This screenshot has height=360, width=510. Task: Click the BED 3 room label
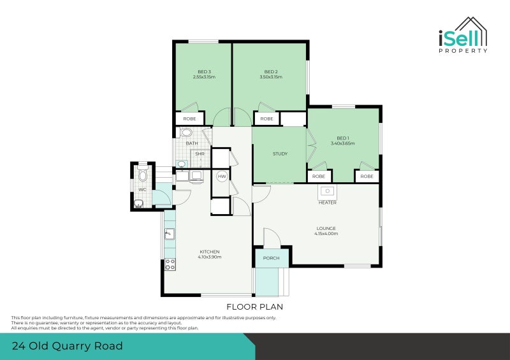coord(204,71)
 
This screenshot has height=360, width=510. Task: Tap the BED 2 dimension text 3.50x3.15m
coord(271,77)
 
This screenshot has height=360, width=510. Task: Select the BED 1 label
coord(343,138)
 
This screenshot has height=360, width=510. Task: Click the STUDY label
coord(280,154)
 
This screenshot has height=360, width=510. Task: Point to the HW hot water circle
coord(222,176)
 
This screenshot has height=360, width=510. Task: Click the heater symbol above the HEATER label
coord(327,191)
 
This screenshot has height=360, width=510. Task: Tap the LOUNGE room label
coord(326,228)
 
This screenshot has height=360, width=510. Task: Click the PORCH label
coord(272,258)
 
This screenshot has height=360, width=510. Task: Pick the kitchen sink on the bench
coord(169,234)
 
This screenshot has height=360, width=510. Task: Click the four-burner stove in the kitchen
coord(170,264)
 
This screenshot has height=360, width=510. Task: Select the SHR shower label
coord(200,154)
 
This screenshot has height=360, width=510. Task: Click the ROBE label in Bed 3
coord(189,119)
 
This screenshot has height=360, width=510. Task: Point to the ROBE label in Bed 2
coord(266,119)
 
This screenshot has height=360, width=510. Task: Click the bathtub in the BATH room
coord(186,133)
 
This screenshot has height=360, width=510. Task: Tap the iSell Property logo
coord(463,36)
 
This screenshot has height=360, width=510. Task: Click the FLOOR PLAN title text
coord(258,306)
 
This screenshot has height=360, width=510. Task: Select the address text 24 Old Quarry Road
coord(67,347)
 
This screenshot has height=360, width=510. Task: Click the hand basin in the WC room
coord(138,204)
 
